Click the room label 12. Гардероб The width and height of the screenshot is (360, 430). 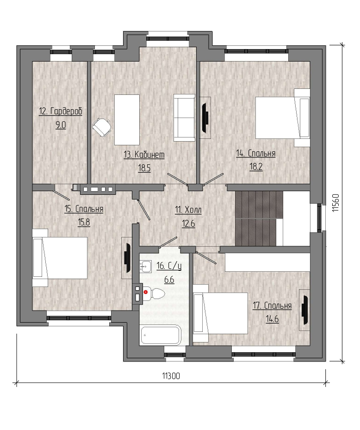coord(61,112)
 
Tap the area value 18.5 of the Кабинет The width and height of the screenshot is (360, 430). coord(144,168)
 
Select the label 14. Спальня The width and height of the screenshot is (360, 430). coord(256,153)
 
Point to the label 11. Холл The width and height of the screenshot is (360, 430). coord(188,210)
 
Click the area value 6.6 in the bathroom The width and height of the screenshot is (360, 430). coord(169,280)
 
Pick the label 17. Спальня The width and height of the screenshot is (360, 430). coord(272,305)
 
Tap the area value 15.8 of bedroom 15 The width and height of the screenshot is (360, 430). coord(84,222)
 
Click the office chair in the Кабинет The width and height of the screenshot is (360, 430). coord(101,127)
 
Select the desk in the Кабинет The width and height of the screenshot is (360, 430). coord(127,120)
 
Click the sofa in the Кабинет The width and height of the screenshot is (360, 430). coord(184,118)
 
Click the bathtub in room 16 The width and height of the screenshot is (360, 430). coord(161,335)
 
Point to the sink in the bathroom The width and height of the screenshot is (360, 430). coord(146,266)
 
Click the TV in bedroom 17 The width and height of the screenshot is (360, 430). coord(304,310)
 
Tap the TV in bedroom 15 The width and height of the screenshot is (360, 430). coord(127,258)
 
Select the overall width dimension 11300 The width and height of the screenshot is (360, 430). coord(171,376)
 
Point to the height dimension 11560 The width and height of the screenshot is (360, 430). coord(336,203)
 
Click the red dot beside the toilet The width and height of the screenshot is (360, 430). coord(146,293)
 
